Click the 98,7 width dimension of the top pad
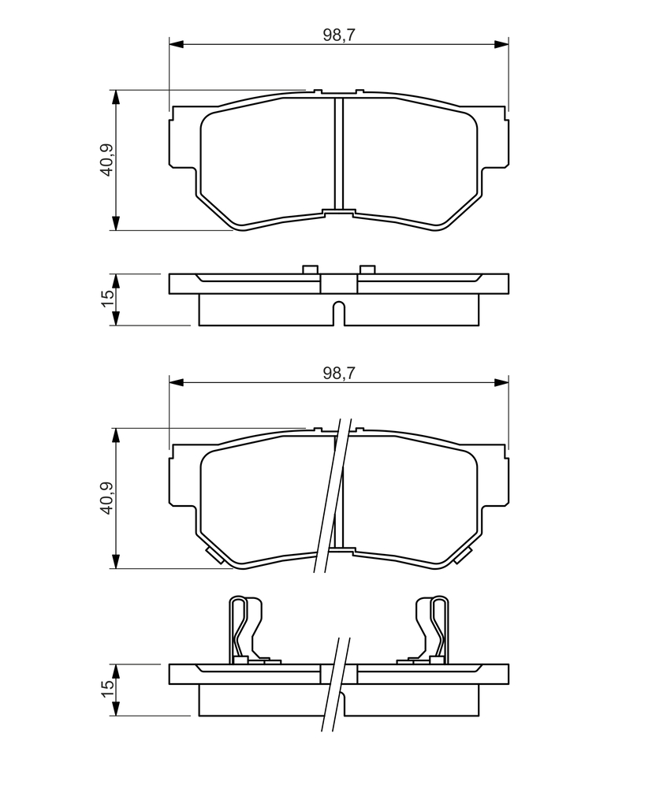pyautogui.click(x=339, y=35)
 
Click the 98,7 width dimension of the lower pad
pyautogui.click(x=339, y=373)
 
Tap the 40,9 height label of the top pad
pyautogui.click(x=108, y=160)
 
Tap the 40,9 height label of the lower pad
pyautogui.click(x=108, y=498)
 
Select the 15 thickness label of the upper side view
pyautogui.click(x=108, y=299)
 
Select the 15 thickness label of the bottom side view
pyautogui.click(x=108, y=689)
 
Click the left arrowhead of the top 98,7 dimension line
pyautogui.click(x=176, y=44)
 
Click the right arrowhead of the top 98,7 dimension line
pyautogui.click(x=501, y=44)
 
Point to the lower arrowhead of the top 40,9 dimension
pyautogui.click(x=116, y=223)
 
